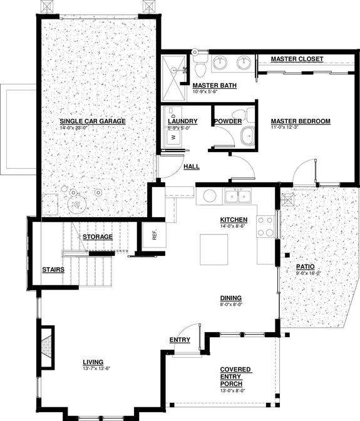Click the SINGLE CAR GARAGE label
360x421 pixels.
click(x=93, y=121)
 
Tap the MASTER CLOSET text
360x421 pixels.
click(x=297, y=59)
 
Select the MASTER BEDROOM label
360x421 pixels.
click(x=300, y=121)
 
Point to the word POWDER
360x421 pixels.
click(x=228, y=121)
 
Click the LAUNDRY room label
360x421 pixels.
click(x=182, y=121)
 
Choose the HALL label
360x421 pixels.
click(x=192, y=166)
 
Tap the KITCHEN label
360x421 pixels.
click(x=234, y=220)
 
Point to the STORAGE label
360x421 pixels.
click(x=98, y=236)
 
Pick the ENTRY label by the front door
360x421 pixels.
click(x=180, y=340)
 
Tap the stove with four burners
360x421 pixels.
click(x=265, y=226)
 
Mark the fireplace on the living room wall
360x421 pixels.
click(x=47, y=345)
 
